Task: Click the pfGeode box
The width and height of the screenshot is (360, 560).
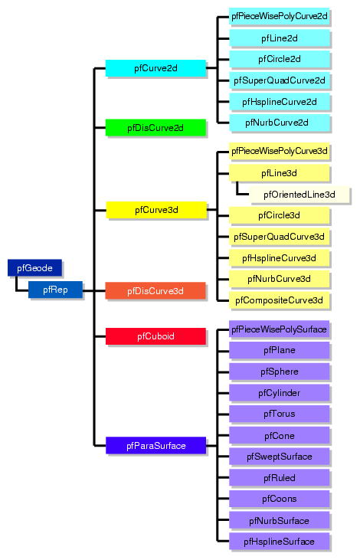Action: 34,267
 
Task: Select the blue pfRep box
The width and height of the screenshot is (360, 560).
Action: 55,290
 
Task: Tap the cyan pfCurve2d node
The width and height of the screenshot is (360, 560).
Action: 155,68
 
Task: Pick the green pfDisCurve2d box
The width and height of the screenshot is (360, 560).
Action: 155,127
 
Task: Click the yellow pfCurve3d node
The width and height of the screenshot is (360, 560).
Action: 156,209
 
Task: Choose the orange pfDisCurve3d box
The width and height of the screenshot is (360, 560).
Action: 155,290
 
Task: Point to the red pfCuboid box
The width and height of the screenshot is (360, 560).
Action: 155,336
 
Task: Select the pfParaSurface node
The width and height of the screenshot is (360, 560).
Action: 155,445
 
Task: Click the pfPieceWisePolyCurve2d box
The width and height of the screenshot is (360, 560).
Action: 279,16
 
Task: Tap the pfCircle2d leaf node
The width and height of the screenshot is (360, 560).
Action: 279,59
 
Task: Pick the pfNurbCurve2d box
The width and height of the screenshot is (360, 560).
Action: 279,122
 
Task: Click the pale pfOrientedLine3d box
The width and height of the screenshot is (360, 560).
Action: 299,195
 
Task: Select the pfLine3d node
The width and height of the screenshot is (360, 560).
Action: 279,173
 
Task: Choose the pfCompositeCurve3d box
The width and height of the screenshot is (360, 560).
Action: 279,300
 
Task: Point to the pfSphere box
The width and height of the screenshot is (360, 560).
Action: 279,372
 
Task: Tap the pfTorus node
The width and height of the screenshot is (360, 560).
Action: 279,414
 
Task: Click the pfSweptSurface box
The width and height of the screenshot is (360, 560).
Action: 279,457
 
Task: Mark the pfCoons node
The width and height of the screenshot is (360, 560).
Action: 279,499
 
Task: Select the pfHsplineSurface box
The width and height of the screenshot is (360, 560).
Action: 279,542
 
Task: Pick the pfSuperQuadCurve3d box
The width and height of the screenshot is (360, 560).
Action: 279,236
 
